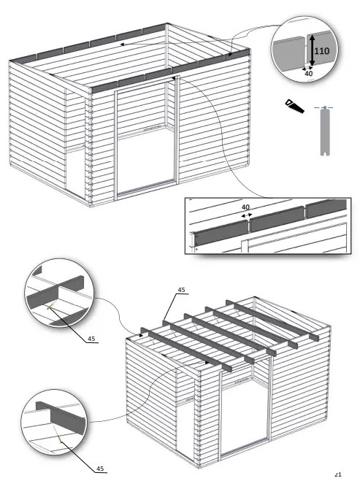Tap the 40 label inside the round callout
[308, 73]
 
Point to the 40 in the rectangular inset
[246, 207]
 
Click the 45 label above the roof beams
[180, 290]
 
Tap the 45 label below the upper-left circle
[91, 338]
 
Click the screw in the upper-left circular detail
[50, 307]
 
